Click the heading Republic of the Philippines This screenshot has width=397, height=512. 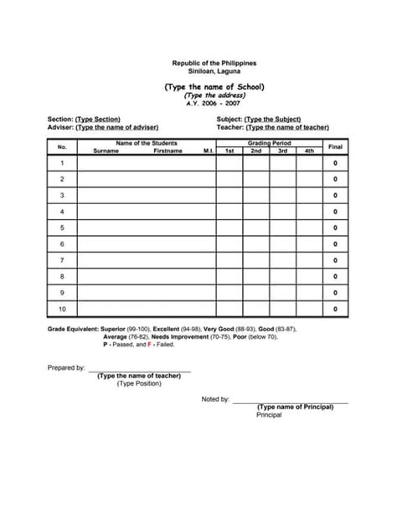(214, 64)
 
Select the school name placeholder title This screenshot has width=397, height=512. (214, 86)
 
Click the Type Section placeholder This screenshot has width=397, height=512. (99, 120)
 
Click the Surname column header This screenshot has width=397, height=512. (106, 151)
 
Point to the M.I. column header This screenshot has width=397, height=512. (209, 151)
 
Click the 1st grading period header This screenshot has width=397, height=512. (229, 151)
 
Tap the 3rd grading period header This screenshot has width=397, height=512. (282, 151)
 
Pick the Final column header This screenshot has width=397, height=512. (335, 147)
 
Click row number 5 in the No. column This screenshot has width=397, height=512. (62, 228)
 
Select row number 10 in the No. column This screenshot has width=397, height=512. (62, 310)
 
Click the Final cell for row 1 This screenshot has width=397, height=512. (335, 163)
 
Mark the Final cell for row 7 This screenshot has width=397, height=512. (335, 260)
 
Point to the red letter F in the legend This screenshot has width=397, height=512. (149, 344)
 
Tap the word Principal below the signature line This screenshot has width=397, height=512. (269, 414)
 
